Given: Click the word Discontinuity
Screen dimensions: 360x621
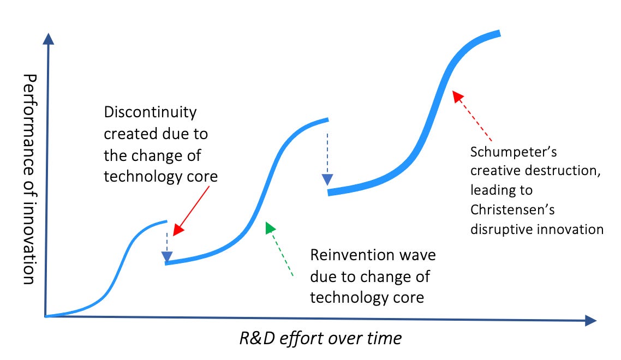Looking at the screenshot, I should tap(150, 113).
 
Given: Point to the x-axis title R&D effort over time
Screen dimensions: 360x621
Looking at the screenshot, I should tap(320, 338).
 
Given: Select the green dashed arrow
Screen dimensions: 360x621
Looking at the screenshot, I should tap(280, 249).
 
